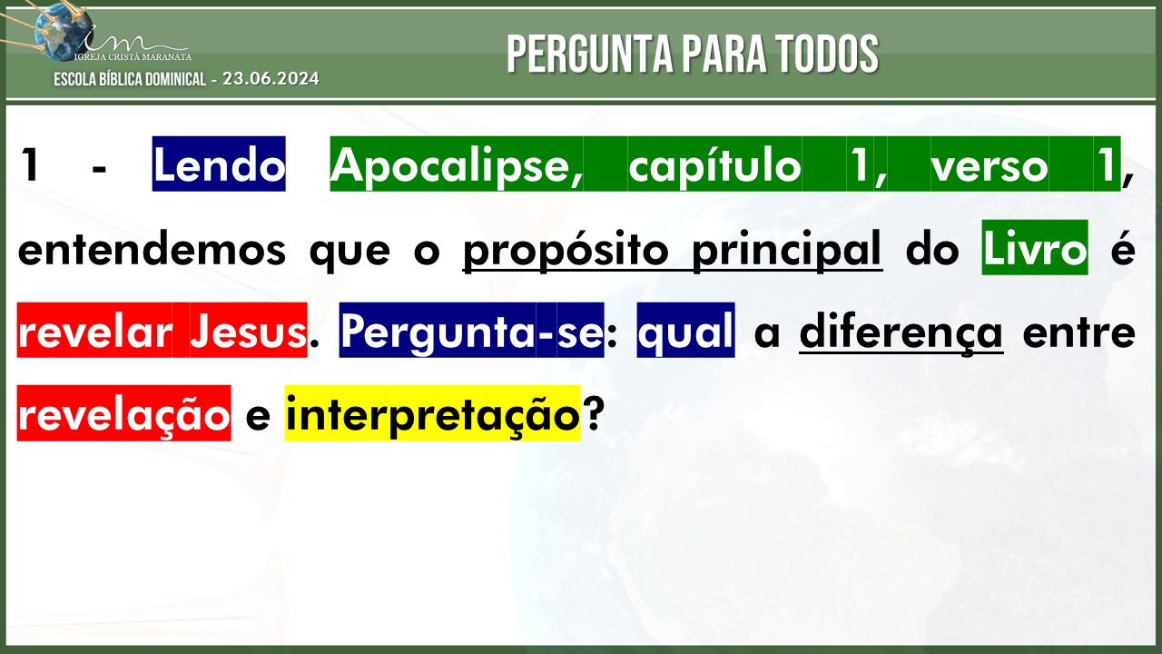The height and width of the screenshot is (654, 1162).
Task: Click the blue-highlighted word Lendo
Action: point(219,164)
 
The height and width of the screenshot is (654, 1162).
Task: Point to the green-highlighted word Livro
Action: point(1035,248)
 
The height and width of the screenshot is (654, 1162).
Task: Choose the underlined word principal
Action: point(787,250)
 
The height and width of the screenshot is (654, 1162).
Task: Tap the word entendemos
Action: point(152,249)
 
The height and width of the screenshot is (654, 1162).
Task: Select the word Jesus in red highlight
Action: point(249,332)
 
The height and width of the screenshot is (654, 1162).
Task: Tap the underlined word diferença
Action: point(901,332)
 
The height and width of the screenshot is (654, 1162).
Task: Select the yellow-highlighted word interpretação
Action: point(433,413)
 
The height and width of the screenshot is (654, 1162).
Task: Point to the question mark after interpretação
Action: point(593,413)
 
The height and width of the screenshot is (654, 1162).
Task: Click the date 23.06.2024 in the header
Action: point(271,79)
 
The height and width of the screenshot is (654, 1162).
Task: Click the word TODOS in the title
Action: point(828,54)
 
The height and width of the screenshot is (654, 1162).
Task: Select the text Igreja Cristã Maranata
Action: point(133,56)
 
